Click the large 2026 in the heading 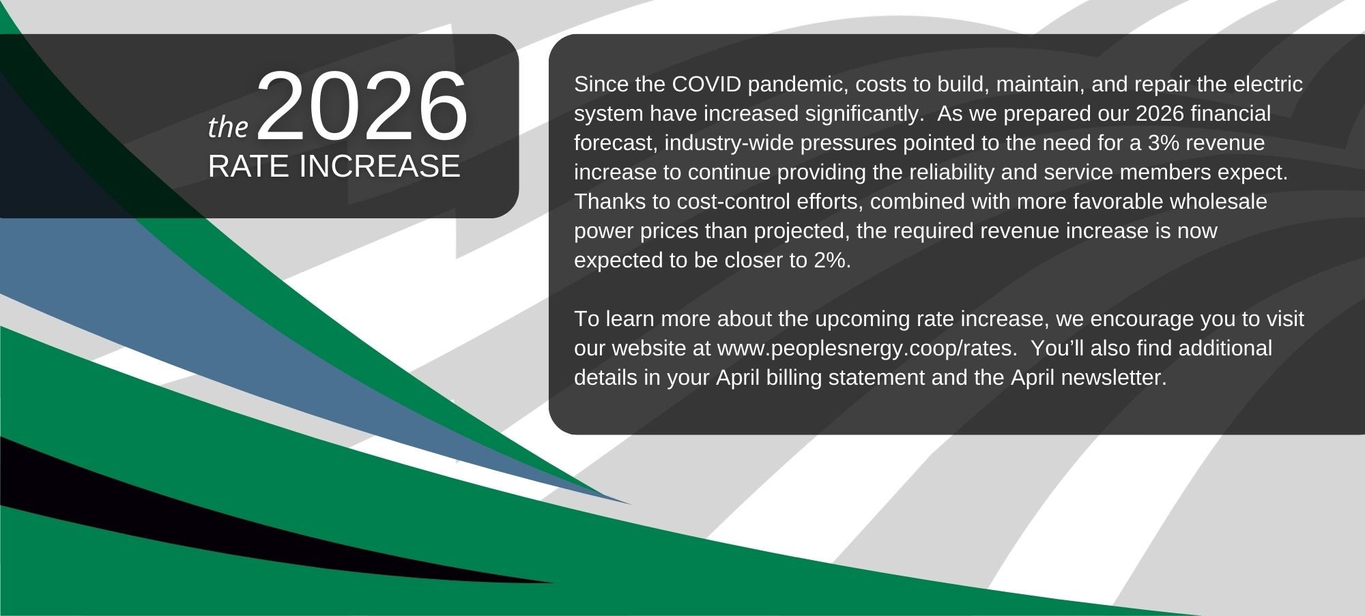(x=362, y=106)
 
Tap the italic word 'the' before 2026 (x=228, y=126)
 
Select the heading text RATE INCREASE (x=334, y=166)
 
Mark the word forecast (x=616, y=144)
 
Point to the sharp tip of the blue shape (x=631, y=504)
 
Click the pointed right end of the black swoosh (x=554, y=583)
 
